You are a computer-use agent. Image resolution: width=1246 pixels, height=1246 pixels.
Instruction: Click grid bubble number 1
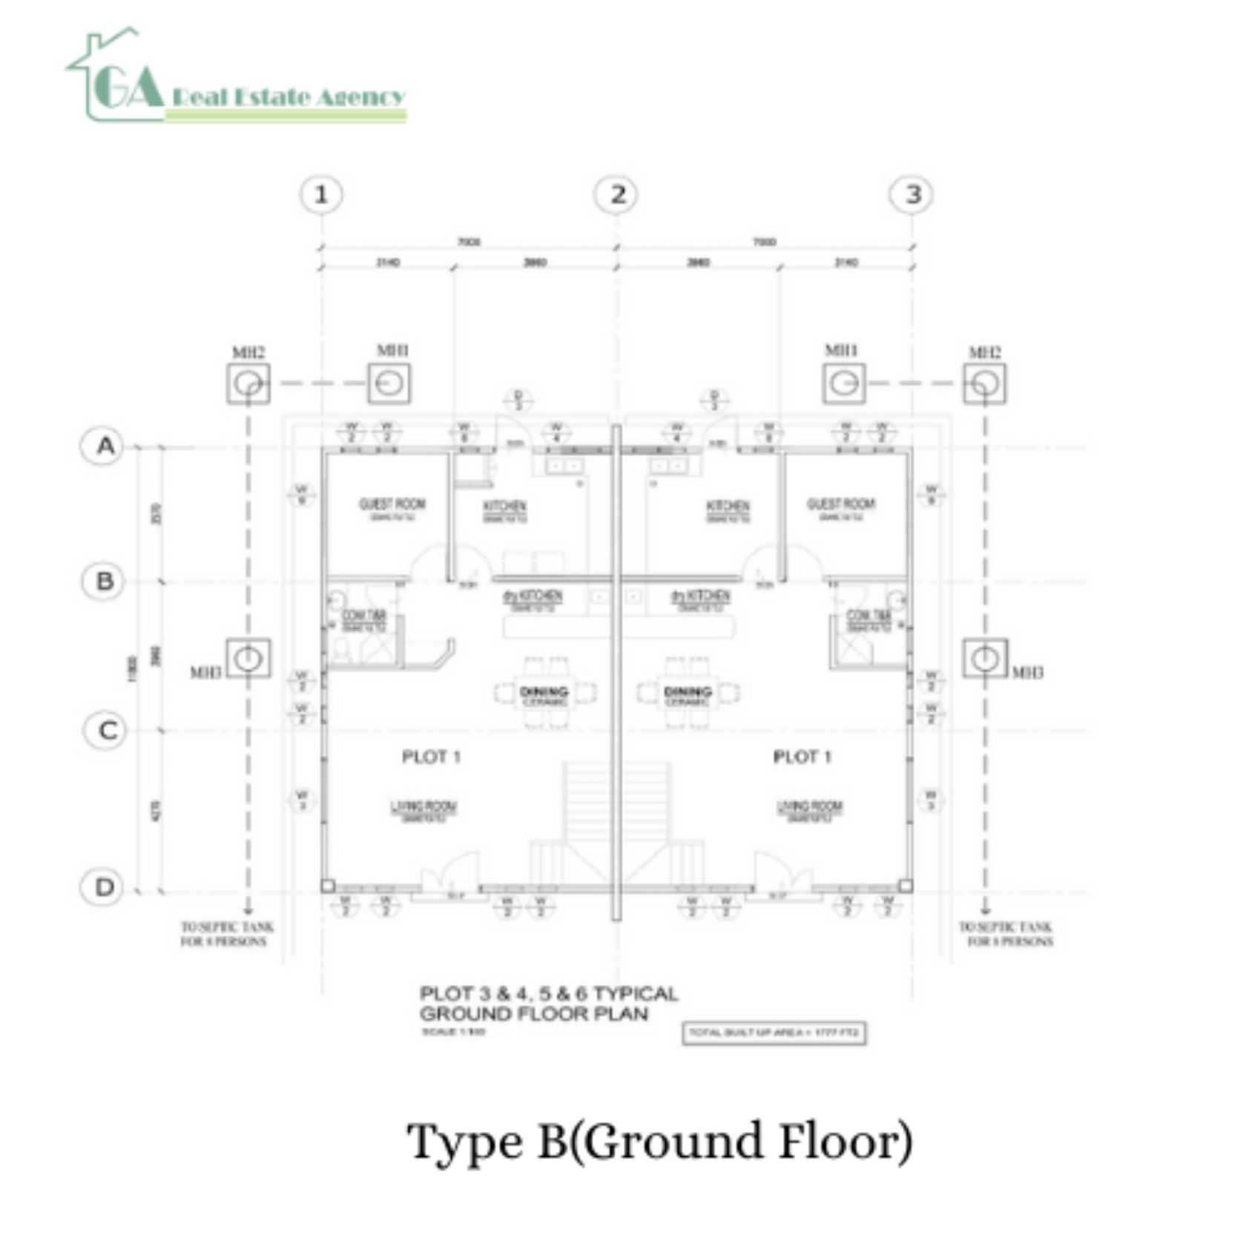click(x=321, y=195)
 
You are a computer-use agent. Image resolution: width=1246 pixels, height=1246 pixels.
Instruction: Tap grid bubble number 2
click(x=617, y=195)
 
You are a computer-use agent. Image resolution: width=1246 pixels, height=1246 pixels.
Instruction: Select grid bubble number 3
click(x=912, y=195)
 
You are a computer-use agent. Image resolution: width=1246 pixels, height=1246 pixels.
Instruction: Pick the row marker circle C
click(x=105, y=731)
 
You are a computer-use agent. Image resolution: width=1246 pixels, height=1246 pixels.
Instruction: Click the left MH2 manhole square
click(x=248, y=383)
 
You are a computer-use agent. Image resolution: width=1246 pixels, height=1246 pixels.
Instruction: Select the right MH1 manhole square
click(x=843, y=383)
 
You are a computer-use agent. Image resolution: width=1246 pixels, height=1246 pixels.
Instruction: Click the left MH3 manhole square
click(x=248, y=658)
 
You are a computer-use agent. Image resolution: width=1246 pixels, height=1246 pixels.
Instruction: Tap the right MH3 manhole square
click(x=985, y=658)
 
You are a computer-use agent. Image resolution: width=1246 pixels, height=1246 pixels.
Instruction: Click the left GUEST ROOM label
click(x=392, y=505)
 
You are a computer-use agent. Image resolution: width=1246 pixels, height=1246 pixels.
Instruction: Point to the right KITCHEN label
click(x=728, y=507)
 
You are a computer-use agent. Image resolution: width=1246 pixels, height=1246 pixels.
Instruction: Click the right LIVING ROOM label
click(x=809, y=808)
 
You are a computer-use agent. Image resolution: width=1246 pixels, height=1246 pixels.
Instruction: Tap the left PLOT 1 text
click(x=431, y=756)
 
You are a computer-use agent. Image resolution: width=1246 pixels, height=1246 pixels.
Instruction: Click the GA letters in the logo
click(x=128, y=87)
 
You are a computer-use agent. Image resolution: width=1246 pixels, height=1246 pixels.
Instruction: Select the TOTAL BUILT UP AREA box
click(x=774, y=1032)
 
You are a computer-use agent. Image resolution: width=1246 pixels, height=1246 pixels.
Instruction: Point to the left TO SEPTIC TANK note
click(x=226, y=934)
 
